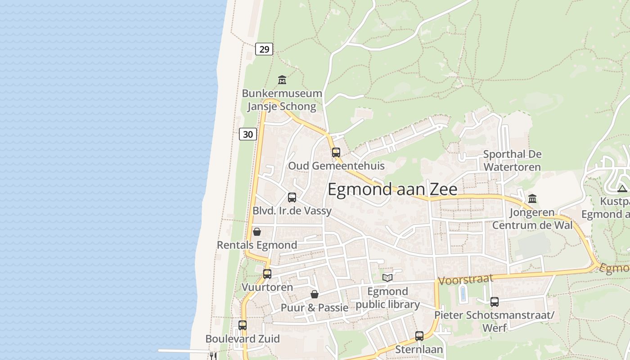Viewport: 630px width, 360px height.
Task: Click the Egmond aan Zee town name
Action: [392, 189]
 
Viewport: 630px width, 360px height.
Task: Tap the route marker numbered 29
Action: [264, 49]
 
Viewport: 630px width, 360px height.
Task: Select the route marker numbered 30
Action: [248, 134]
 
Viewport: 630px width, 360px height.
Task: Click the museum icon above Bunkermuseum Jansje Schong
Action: [282, 80]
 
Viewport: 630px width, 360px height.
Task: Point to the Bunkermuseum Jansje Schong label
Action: [282, 100]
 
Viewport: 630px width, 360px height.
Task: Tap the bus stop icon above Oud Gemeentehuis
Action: [336, 152]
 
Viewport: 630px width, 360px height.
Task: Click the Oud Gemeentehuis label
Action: [336, 166]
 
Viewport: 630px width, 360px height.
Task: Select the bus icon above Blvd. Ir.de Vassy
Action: [292, 197]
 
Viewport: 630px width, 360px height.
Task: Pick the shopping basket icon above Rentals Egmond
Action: [257, 232]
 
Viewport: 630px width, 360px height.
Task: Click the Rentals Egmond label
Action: [257, 245]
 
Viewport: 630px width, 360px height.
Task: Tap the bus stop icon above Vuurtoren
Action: [267, 274]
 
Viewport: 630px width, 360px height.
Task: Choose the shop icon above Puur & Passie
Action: [315, 294]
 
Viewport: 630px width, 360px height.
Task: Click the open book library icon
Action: [387, 278]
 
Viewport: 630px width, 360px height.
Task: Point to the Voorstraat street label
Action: [465, 280]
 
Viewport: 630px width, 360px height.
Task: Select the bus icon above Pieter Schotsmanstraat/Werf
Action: [495, 301]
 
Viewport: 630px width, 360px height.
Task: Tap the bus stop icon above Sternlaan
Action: [419, 336]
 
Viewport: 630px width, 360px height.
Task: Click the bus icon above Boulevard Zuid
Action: [243, 325]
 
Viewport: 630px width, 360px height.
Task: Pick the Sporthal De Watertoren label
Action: [512, 161]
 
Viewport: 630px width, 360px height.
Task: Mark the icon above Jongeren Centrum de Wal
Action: [532, 198]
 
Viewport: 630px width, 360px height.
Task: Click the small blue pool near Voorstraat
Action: [463, 294]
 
